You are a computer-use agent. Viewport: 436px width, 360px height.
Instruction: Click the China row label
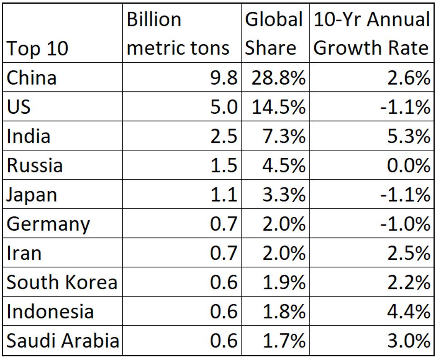coord(32,77)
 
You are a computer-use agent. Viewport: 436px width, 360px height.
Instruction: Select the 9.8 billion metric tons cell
coord(224,77)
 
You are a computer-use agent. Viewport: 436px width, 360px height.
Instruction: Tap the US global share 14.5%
coord(278,107)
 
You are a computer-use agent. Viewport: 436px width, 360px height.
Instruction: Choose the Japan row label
coord(32,195)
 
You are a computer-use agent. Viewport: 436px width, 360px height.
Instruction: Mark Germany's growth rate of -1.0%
coord(405,224)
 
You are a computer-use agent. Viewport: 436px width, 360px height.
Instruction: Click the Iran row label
coord(24,253)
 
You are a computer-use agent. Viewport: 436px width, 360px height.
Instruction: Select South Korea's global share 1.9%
coord(283,283)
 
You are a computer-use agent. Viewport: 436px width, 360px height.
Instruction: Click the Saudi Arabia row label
coord(63,341)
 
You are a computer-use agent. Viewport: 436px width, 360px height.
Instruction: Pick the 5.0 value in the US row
coord(224,107)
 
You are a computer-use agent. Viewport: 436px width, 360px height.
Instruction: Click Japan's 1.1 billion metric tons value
coord(224,195)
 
